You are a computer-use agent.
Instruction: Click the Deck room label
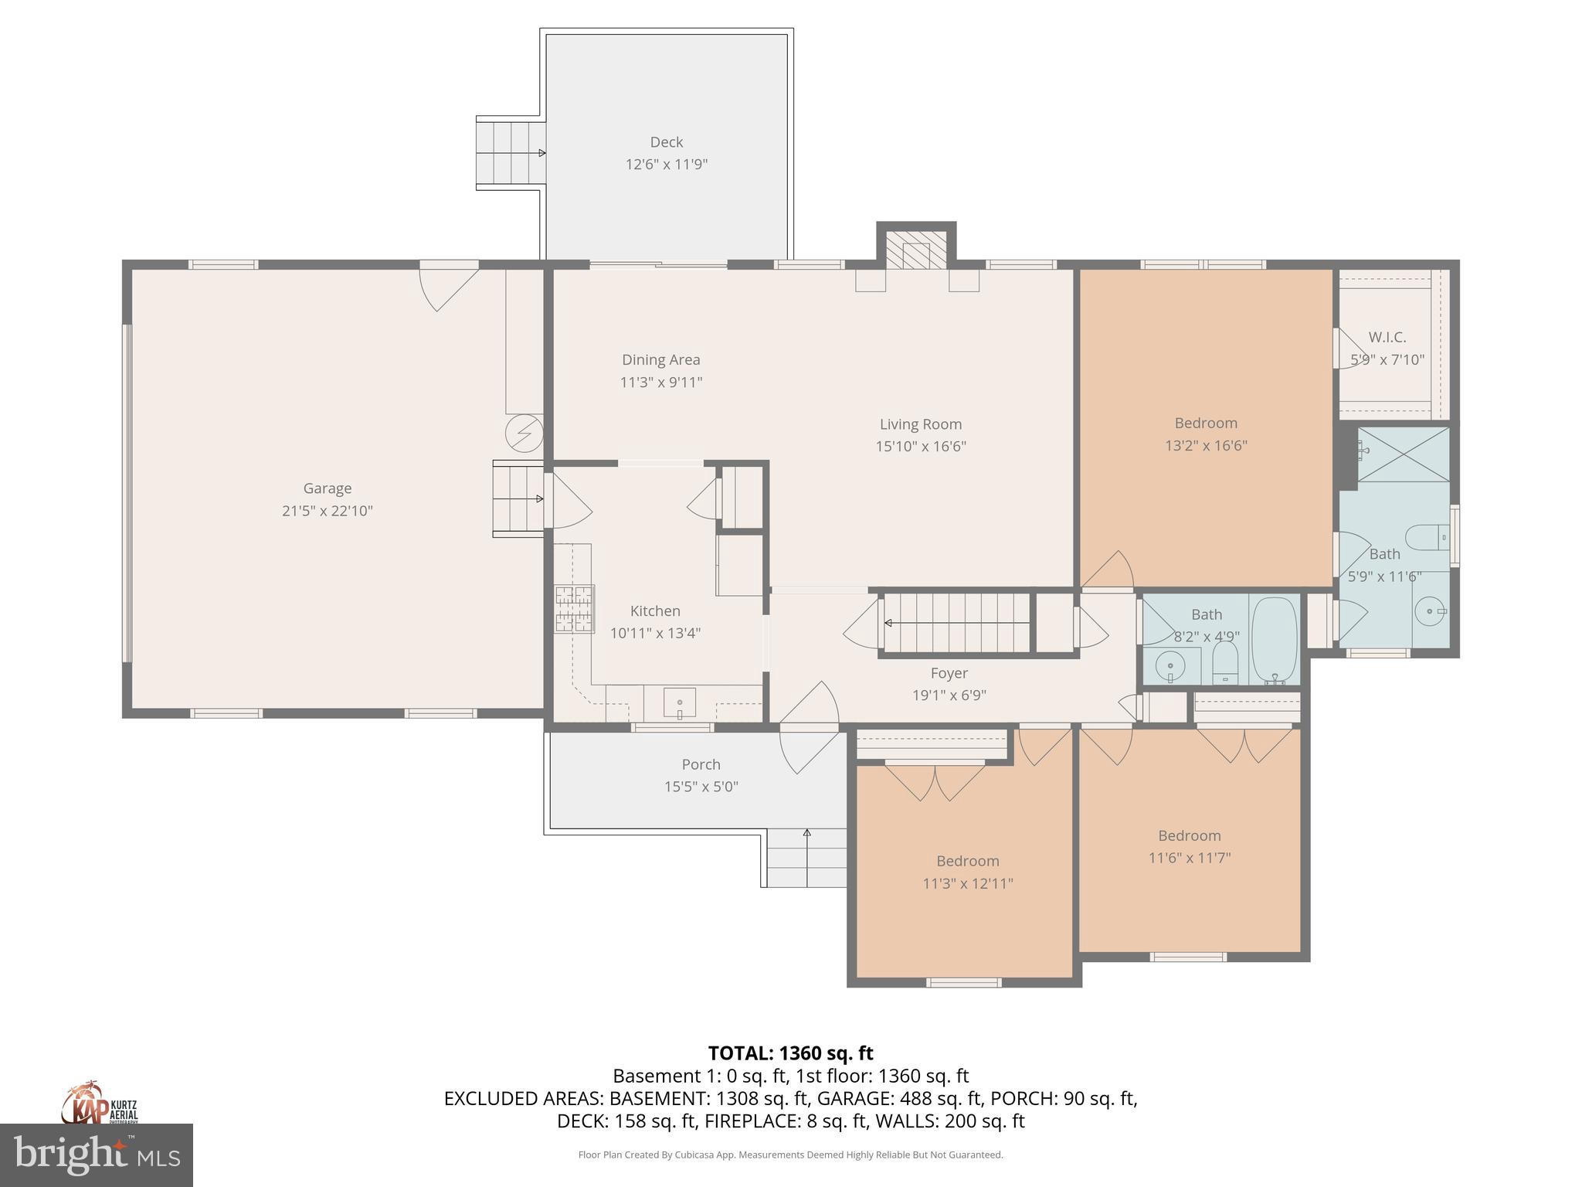[x=666, y=142]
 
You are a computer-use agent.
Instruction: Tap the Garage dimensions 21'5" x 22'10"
[x=328, y=511]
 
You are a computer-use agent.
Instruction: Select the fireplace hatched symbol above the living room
[x=916, y=250]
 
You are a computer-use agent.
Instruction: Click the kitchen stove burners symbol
[x=574, y=610]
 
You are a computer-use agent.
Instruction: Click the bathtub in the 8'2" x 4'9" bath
[x=1275, y=641]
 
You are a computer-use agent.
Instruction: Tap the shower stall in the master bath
[x=1403, y=454]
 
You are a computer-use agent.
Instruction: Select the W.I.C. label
[x=1387, y=338]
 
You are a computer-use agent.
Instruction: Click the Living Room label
[x=920, y=424]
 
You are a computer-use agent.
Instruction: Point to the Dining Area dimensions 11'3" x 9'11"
[x=661, y=382]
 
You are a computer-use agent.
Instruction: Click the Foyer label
[x=949, y=673]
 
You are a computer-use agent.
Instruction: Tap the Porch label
[x=701, y=764]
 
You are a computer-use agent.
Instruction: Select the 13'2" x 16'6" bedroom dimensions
[x=1206, y=445]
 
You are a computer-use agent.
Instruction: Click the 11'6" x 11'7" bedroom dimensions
[x=1189, y=858]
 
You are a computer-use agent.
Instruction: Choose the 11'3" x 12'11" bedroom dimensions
[x=968, y=883]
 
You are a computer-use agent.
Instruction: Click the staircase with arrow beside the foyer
[x=956, y=623]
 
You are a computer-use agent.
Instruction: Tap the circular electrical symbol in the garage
[x=524, y=434]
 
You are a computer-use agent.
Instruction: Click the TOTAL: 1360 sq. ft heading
[x=790, y=1053]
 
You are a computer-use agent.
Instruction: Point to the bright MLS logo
[x=97, y=1155]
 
